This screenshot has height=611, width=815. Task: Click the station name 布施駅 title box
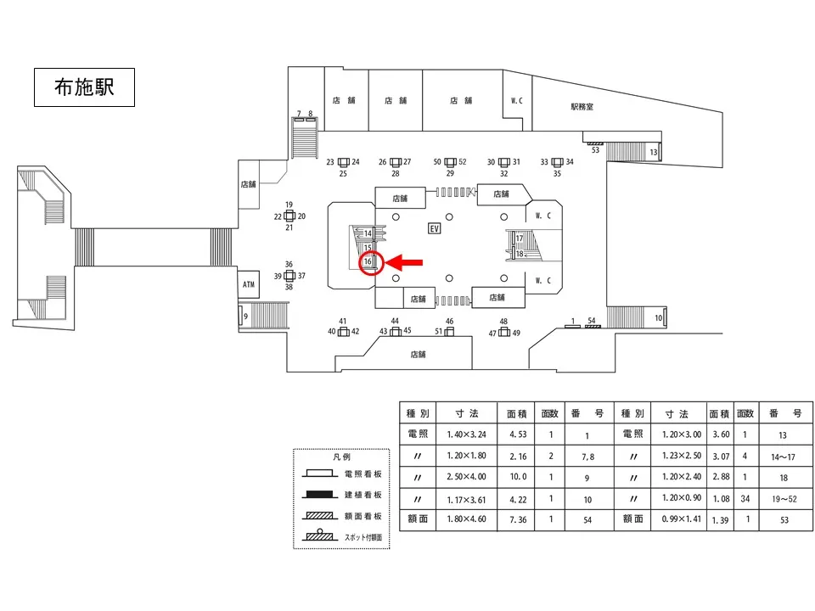84,87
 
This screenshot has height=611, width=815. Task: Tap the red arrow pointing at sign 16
406,263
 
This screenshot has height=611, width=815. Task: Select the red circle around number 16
369,263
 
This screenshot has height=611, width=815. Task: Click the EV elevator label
435,229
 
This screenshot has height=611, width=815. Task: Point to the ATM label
249,284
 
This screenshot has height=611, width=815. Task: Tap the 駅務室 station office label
582,107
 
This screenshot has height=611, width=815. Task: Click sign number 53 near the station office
595,150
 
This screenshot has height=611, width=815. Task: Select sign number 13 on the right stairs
654,152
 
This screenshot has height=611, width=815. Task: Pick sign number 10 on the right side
658,318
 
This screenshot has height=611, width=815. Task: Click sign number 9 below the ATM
245,317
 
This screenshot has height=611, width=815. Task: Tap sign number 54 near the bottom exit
592,320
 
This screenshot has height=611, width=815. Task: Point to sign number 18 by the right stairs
520,254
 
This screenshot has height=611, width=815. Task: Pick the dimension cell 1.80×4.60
461,519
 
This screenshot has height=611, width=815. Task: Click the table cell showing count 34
745,498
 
